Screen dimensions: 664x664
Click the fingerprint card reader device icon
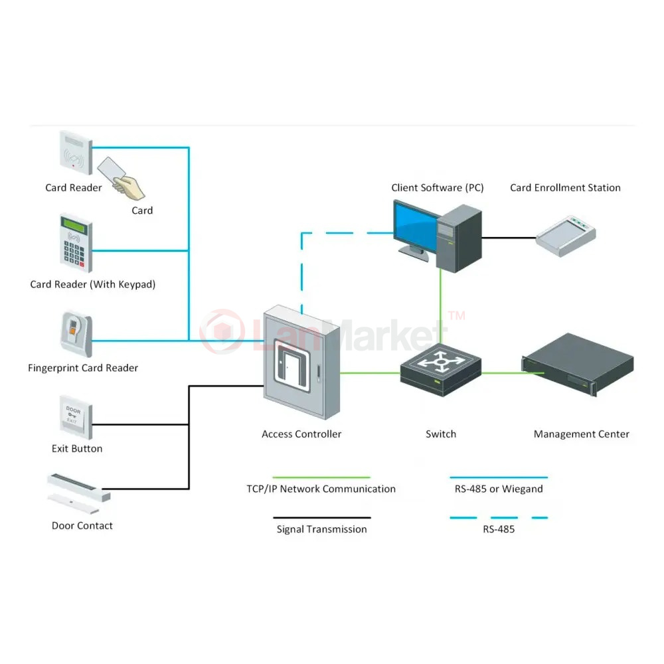tap(76, 335)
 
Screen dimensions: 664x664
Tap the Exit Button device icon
tap(76, 418)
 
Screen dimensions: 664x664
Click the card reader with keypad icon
tap(76, 243)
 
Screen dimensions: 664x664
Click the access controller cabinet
tap(301, 362)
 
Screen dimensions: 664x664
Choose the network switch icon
tap(440, 370)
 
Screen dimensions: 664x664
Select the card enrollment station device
tap(566, 236)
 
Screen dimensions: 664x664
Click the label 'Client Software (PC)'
tap(438, 188)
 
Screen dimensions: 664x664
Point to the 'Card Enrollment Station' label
tap(565, 188)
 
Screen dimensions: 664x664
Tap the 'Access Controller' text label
tap(301, 434)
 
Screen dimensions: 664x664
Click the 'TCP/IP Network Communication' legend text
tap(321, 489)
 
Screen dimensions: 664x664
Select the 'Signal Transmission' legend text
tap(322, 529)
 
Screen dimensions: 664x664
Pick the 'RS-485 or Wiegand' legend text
tap(499, 489)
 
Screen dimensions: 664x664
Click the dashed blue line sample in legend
tap(499, 517)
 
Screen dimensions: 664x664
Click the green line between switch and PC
tap(441, 307)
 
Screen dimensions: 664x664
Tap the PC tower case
tap(459, 238)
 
